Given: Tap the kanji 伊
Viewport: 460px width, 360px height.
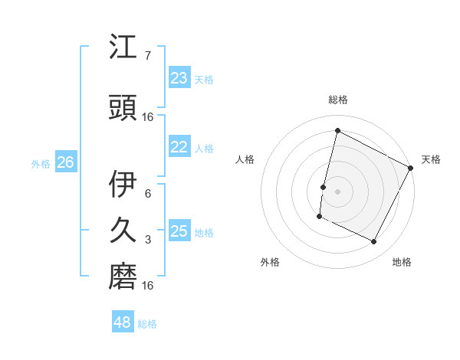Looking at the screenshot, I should [x=124, y=185].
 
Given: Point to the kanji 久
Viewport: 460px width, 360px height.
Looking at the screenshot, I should [x=124, y=231].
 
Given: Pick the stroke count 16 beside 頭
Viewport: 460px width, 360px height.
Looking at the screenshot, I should [x=149, y=116].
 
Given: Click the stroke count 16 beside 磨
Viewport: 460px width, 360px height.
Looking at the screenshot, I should [x=149, y=286].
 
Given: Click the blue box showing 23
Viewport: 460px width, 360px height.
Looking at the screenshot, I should [x=179, y=78].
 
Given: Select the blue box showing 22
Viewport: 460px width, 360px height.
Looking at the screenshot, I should [x=179, y=147].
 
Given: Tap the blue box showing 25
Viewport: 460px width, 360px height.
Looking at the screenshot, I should [x=179, y=231].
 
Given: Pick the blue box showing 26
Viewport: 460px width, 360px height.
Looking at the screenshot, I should [x=65, y=162].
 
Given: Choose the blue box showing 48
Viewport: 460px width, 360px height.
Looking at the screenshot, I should [x=123, y=322].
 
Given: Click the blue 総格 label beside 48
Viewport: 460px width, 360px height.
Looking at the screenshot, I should [x=147, y=324].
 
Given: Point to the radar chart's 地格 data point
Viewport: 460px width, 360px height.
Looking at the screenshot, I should [x=374, y=242].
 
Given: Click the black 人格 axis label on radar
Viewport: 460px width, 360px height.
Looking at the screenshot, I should [x=245, y=159].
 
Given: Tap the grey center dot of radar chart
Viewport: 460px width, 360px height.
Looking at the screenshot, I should [x=337, y=191].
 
